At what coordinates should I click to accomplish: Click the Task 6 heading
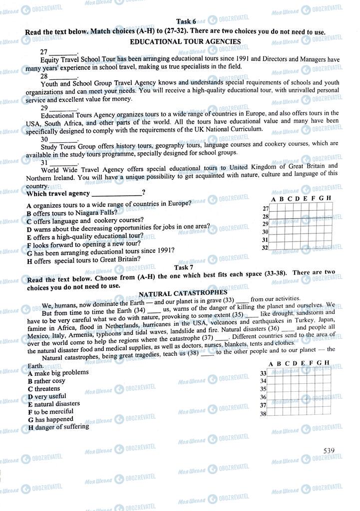click(x=186, y=21)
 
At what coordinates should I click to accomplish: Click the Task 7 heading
click(x=180, y=267)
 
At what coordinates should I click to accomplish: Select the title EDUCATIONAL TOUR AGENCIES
click(x=185, y=42)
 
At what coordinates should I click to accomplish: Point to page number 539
click(x=329, y=451)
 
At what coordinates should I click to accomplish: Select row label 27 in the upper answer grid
click(x=266, y=209)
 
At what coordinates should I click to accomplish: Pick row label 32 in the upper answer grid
click(x=265, y=248)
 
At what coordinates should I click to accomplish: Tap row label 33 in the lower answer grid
click(x=263, y=373)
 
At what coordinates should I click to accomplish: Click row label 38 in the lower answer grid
click(x=263, y=414)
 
